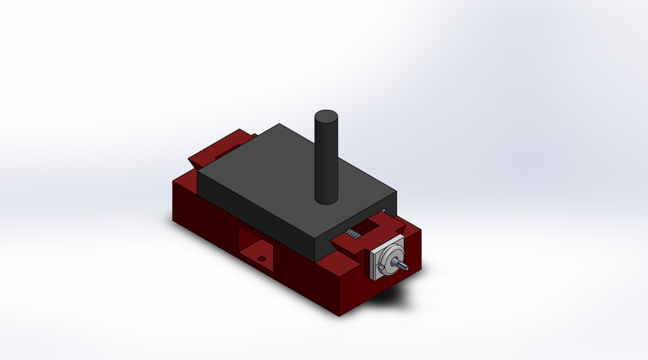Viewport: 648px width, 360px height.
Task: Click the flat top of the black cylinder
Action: (x=326, y=117)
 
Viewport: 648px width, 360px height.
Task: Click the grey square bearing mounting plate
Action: (x=374, y=272)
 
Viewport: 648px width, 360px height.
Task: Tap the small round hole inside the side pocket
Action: (x=262, y=259)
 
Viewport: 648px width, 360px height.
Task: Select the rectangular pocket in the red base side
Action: (x=256, y=249)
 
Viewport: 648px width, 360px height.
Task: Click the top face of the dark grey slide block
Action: (x=281, y=172)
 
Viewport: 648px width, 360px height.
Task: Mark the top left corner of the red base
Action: (x=173, y=181)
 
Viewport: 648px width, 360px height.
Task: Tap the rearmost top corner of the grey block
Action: (x=279, y=124)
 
